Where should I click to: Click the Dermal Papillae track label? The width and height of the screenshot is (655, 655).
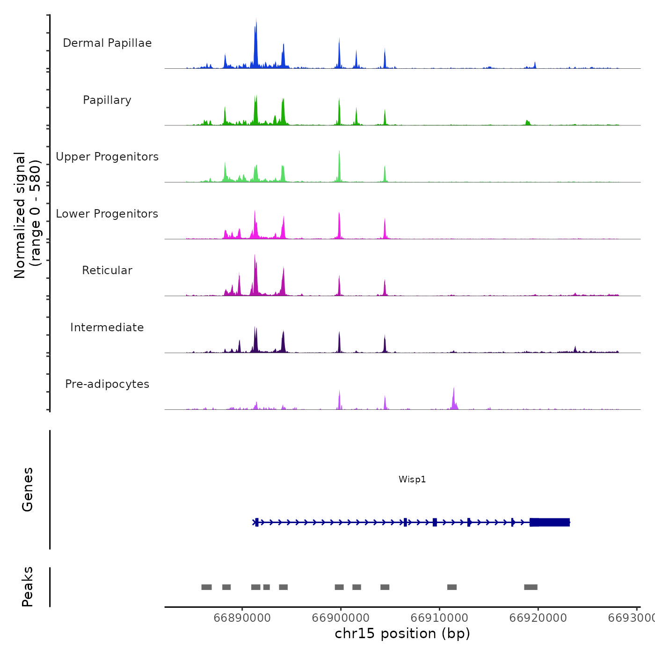(x=107, y=43)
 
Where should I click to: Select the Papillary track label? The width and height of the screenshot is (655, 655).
(x=107, y=100)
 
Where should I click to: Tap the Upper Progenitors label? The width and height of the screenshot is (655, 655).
(x=107, y=157)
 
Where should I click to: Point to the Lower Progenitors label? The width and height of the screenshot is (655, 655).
(x=107, y=214)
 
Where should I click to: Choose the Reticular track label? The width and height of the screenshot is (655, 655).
(x=107, y=270)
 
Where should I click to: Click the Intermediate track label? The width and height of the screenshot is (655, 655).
(x=107, y=327)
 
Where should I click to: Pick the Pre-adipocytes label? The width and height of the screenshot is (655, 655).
(x=107, y=384)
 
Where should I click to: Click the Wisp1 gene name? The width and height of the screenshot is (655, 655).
(x=412, y=479)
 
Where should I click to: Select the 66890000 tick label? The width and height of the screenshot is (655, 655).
(x=242, y=618)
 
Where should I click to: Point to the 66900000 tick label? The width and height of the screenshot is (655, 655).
(x=341, y=618)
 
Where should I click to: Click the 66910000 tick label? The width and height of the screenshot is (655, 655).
(x=439, y=618)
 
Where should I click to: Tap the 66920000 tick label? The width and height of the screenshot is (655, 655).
(x=538, y=618)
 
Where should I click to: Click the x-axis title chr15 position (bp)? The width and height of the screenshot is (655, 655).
(x=402, y=633)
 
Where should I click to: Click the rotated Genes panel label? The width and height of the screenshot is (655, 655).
(x=28, y=489)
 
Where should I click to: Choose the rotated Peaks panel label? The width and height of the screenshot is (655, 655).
(x=28, y=587)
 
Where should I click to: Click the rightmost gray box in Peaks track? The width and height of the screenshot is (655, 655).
(x=531, y=587)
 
